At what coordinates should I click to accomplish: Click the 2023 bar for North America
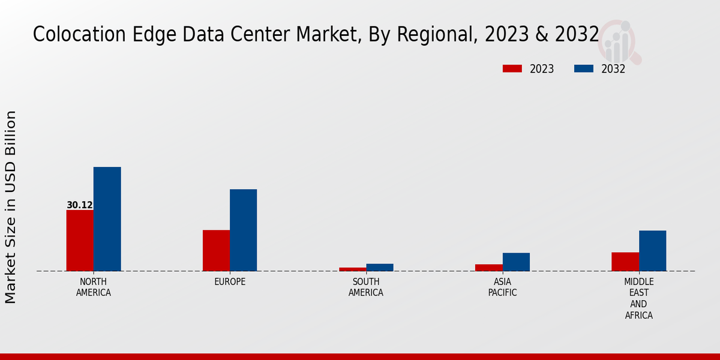[80, 241]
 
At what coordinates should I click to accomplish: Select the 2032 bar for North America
[107, 219]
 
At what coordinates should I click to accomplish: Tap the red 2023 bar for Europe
[216, 251]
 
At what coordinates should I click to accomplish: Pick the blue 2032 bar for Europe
[243, 230]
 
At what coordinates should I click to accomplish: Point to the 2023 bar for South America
[352, 269]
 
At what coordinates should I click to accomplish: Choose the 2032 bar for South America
[380, 268]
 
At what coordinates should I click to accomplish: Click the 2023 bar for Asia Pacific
[489, 268]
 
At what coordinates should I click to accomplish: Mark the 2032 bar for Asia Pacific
[516, 262]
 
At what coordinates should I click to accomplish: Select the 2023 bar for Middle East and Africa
[625, 262]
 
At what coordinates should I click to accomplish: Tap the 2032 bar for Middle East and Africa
[652, 251]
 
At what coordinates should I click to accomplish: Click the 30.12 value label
[80, 205]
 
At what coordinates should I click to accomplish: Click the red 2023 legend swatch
[512, 68]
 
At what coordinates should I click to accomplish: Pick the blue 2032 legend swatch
[583, 68]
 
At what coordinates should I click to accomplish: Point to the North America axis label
[94, 287]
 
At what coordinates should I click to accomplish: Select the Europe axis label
[230, 282]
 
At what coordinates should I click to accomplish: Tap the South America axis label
[366, 287]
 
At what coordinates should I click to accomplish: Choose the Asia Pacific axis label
[502, 287]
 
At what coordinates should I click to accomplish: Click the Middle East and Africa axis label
[638, 298]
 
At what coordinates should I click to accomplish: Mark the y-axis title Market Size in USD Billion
[11, 207]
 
